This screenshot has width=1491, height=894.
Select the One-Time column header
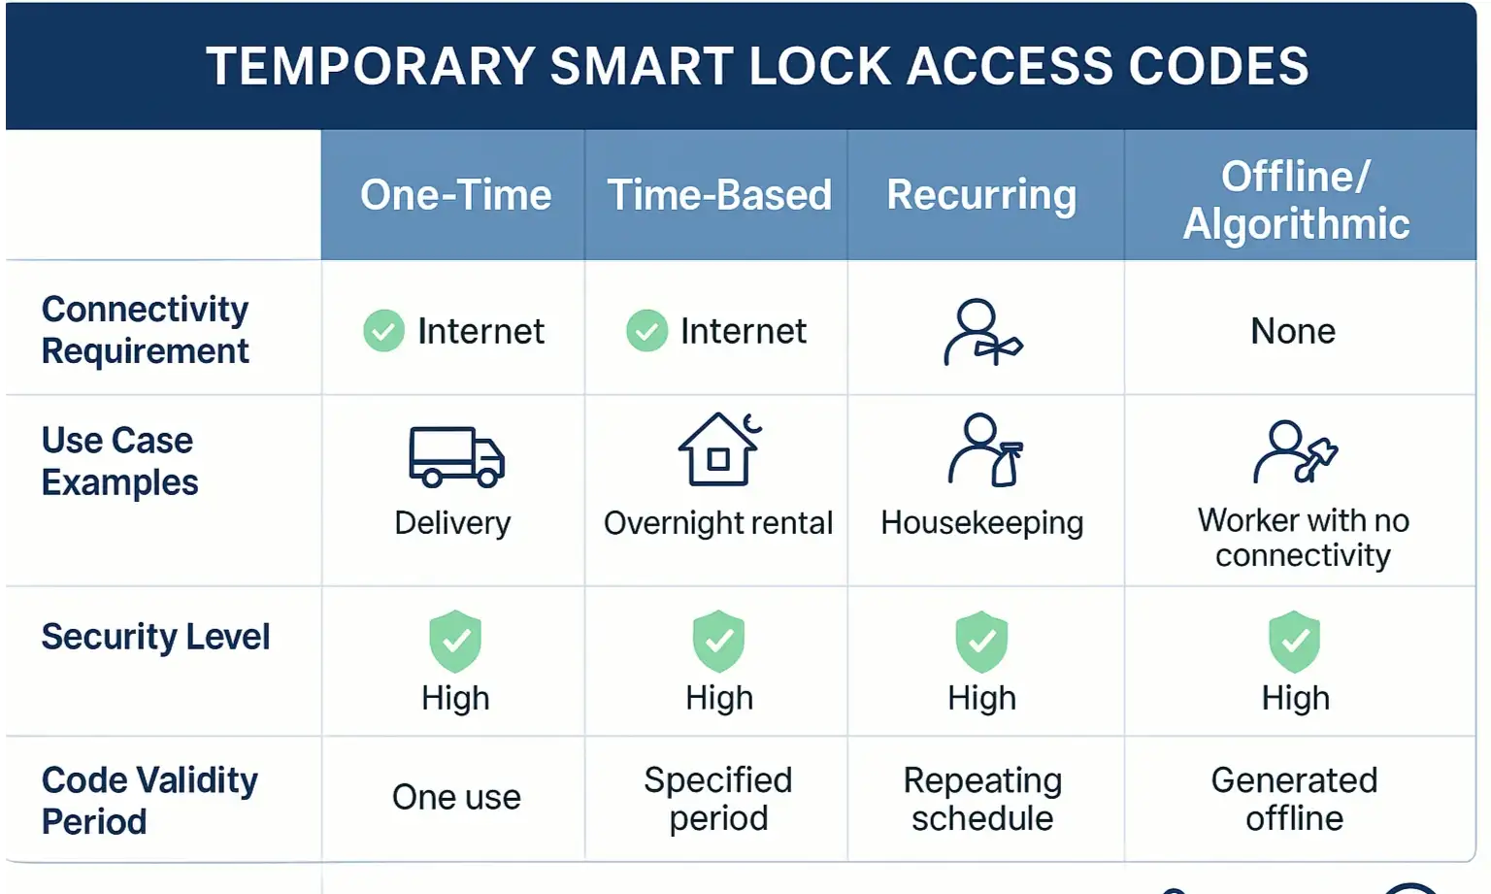455,195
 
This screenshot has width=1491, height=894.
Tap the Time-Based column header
718,195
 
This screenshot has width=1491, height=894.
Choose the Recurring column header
981,195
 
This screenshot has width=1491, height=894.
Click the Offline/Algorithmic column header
1296,200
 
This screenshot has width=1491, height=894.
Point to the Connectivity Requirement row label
146,330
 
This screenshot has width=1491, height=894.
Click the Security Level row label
155,637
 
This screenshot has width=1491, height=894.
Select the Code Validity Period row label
149,800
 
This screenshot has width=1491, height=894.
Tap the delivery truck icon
456,456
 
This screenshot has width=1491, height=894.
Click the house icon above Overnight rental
719,449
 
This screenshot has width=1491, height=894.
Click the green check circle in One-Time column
383,331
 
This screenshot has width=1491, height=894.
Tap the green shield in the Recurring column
981,642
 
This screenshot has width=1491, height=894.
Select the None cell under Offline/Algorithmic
1293,331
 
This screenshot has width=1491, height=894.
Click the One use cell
456,798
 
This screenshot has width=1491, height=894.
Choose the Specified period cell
718,799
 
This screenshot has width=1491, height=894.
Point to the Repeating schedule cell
982,799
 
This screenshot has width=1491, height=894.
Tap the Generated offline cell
1294,799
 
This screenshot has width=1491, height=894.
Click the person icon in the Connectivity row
981,332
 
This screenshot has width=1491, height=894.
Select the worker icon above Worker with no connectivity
1295,451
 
